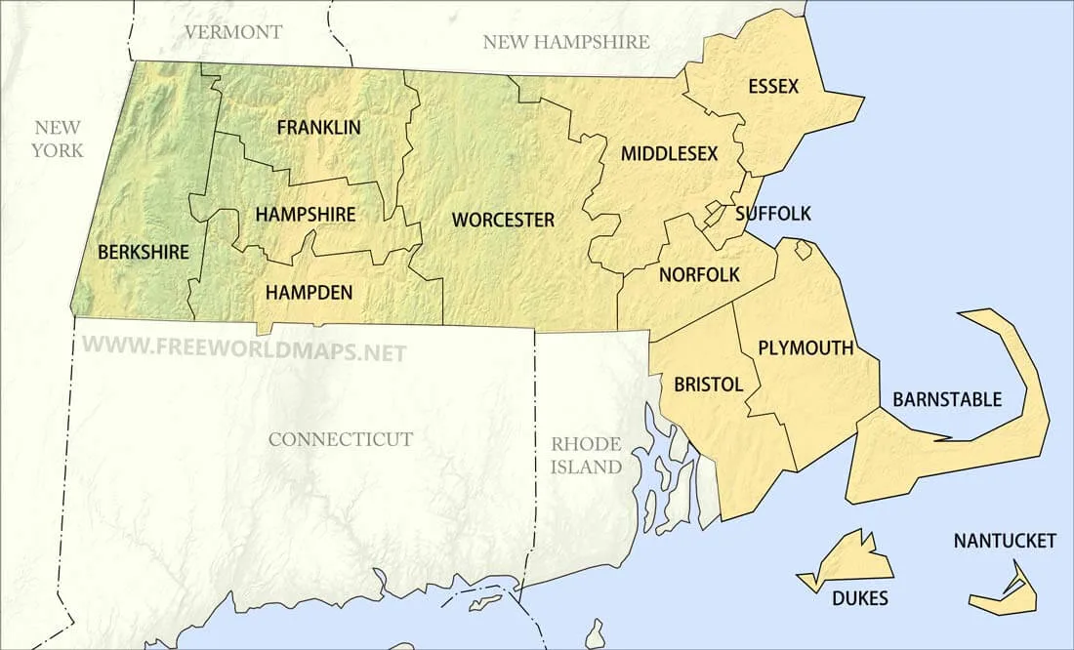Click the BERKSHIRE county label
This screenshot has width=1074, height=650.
coord(144,252)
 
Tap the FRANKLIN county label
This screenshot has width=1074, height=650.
coord(318,127)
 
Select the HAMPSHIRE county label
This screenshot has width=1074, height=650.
coord(306,214)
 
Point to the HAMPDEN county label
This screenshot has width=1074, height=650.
coord(309,292)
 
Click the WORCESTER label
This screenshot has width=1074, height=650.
coord(503,220)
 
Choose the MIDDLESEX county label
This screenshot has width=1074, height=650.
coord(669,153)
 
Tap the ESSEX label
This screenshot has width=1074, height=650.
coord(773,87)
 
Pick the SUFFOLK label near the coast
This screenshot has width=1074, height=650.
coord(773,214)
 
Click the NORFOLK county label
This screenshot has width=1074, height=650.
coord(699,275)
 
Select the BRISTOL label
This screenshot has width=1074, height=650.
coord(709,385)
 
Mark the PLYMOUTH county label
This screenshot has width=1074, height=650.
coord(805,347)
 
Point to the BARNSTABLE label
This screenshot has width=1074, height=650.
coord(947,399)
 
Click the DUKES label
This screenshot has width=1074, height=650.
coord(861,598)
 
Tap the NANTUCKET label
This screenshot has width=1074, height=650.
coord(1005,541)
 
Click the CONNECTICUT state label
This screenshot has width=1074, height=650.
coord(341,439)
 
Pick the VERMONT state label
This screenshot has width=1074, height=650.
coord(233,32)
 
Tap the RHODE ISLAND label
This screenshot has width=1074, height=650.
coord(586,455)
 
